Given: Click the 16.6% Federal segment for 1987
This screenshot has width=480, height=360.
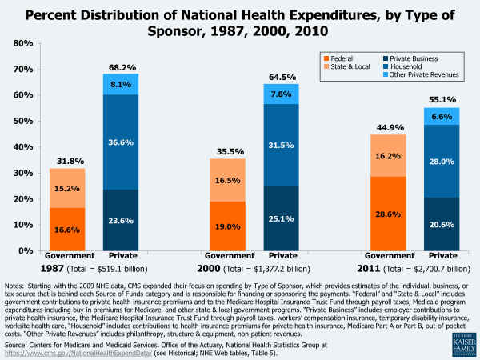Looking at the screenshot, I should (x=68, y=229).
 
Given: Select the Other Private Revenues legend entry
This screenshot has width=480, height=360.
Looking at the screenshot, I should (x=427, y=75).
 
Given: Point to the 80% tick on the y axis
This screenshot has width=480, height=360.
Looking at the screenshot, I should (x=22, y=43).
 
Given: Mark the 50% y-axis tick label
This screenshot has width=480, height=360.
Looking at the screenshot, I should (x=22, y=121).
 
